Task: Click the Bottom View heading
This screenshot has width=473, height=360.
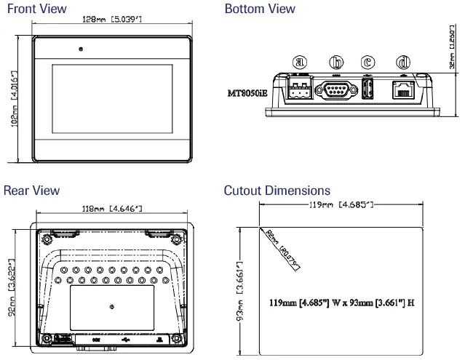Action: click(261, 9)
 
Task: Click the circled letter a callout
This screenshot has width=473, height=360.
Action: click(298, 63)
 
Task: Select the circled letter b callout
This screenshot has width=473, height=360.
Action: click(336, 63)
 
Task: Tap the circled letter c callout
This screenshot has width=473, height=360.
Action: click(368, 63)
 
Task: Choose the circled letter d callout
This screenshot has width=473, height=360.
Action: click(402, 63)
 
